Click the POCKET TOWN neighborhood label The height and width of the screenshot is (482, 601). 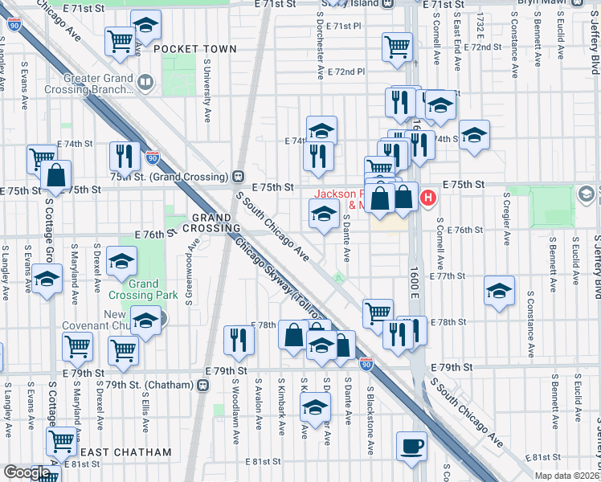click(194, 49)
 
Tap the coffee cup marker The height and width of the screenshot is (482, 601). click(413, 446)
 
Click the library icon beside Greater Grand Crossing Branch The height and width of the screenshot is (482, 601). click(145, 80)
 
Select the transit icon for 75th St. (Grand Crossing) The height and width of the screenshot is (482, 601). click(238, 177)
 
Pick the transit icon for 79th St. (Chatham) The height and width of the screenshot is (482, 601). click(202, 384)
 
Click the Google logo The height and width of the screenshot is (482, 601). click(27, 472)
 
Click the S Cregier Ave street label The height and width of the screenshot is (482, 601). click(507, 219)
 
